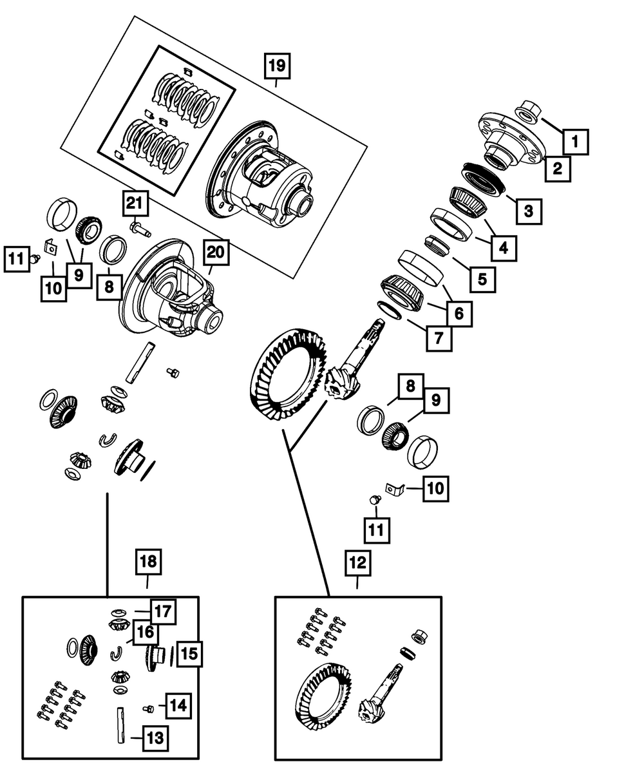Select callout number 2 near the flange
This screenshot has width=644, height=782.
(557, 169)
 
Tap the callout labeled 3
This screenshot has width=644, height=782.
(528, 209)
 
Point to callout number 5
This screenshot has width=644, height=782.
(482, 279)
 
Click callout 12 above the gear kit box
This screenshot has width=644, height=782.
(358, 564)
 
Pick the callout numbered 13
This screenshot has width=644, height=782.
(154, 737)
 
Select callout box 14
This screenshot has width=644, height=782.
(178, 705)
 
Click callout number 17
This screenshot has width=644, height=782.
(163, 611)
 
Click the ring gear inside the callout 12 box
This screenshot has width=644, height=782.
(320, 699)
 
